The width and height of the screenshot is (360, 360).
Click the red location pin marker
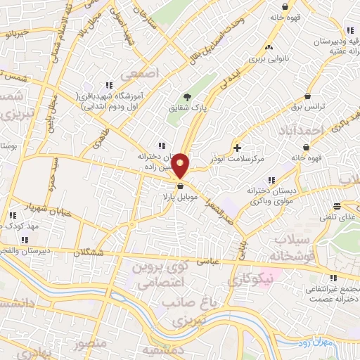click(x=181, y=166)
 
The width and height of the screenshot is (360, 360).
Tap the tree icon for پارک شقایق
click(x=187, y=97)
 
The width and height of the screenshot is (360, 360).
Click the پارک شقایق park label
click(x=187, y=109)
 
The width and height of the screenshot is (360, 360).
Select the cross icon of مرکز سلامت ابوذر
click(x=238, y=148)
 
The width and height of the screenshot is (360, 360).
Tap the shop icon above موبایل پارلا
click(x=181, y=186)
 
